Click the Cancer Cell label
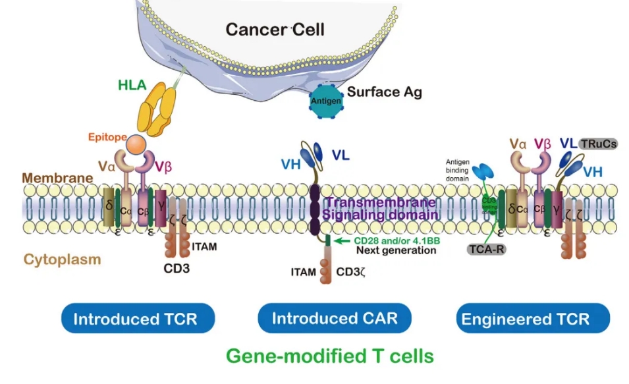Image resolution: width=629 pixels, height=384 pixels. click(x=275, y=30)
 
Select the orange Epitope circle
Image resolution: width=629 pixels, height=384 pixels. click(x=137, y=143)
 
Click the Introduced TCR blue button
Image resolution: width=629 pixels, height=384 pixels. click(x=135, y=319)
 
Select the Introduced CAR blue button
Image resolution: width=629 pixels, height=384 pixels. click(x=335, y=319)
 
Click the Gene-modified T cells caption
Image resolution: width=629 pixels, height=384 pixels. click(x=329, y=356)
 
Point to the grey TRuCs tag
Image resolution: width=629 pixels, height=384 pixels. click(x=597, y=144)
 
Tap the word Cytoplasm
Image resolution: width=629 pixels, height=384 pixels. click(x=63, y=260)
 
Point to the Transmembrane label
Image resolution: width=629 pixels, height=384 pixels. click(x=379, y=202)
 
